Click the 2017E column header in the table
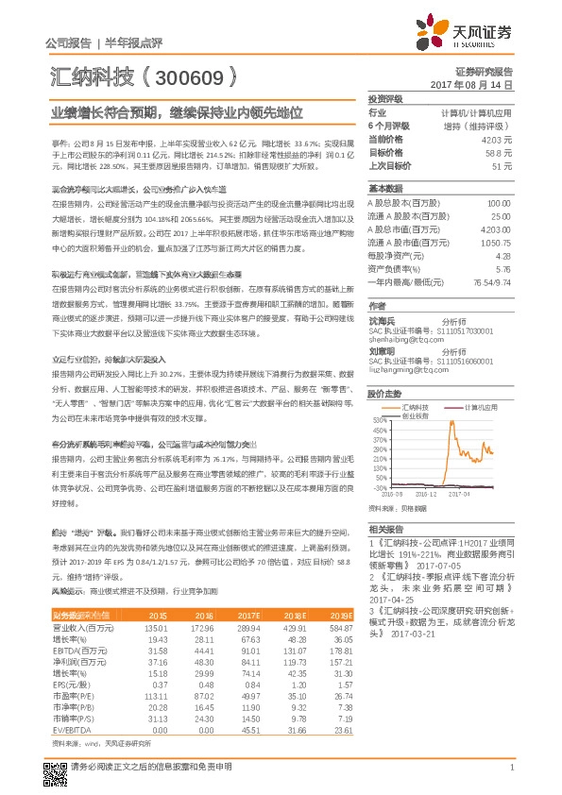[x=251, y=614]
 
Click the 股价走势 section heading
[x=384, y=392]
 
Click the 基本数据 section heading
[x=384, y=188]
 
